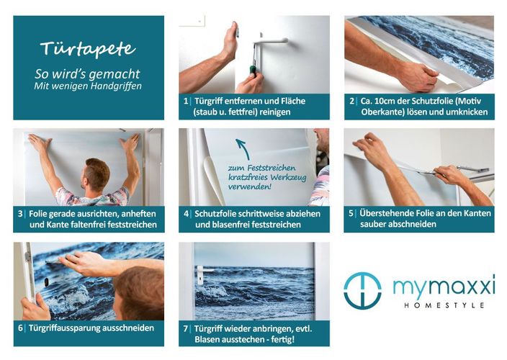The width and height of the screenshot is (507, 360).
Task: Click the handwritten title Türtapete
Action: click(x=88, y=48)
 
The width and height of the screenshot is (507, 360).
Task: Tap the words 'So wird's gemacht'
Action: click(x=87, y=74)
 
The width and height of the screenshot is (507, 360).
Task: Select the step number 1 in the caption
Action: click(x=186, y=101)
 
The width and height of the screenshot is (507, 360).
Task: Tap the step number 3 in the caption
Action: click(x=20, y=214)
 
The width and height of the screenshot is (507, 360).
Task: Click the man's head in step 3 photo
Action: click(x=96, y=174)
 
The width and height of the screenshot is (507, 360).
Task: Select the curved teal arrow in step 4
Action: click(x=243, y=148)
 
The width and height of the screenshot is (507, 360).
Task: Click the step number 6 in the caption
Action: click(x=20, y=328)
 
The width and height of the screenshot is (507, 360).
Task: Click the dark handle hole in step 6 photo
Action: click(x=47, y=282)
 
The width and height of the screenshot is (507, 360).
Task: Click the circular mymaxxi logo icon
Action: click(x=362, y=291)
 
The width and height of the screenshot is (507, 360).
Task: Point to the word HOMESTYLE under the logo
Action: click(x=444, y=305)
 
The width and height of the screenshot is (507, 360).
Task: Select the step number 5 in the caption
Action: click(x=351, y=214)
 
